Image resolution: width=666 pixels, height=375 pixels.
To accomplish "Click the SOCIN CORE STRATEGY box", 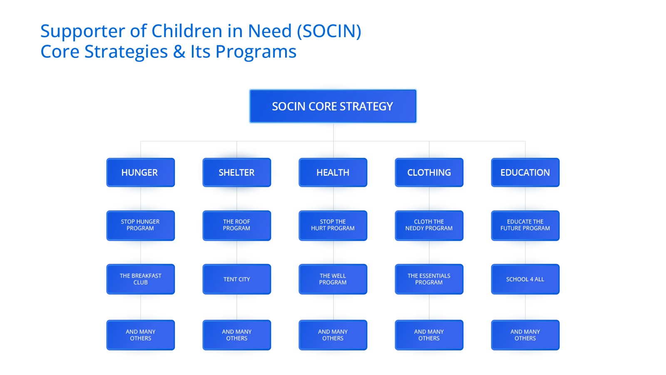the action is (333, 106).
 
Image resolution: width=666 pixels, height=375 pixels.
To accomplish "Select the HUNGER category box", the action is (140, 172).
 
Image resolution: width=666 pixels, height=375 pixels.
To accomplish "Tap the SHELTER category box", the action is (237, 172).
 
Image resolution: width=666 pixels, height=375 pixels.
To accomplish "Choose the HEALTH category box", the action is (333, 172).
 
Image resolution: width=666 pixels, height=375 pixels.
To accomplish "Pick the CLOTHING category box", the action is (429, 172).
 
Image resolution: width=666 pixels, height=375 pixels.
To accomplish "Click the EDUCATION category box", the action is (525, 172).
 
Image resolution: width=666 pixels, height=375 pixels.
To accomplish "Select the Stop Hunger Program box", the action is (140, 225).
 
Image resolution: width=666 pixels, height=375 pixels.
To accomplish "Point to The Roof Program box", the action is (237, 225).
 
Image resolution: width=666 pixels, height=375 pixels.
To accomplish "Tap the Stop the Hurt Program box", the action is (333, 225).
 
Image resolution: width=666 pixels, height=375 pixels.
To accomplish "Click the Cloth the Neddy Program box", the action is (429, 225).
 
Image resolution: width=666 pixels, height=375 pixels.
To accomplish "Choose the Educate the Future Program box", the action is (525, 225).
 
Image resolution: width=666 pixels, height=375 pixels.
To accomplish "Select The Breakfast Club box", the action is (140, 279).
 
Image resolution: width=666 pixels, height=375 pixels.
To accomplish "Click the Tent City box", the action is (237, 279).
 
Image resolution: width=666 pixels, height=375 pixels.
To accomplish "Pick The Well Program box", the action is (333, 279).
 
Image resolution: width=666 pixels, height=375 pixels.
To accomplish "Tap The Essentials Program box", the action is (429, 279).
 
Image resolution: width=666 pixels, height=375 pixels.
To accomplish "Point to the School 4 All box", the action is (525, 279).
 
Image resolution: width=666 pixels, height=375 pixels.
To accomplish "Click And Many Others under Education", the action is (525, 335).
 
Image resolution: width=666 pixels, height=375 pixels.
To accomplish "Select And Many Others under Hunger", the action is (140, 335).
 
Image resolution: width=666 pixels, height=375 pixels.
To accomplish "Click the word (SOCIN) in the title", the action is (329, 31).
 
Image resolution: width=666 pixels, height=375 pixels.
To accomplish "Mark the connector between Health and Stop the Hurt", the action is (333, 199).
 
